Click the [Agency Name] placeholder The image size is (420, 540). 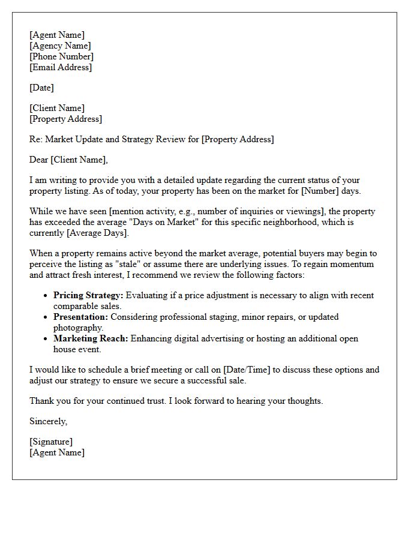[60, 46]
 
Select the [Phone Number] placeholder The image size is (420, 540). [61, 56]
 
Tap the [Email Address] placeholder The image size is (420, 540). [61, 67]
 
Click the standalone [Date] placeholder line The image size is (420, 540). [41, 88]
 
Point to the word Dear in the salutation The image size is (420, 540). [39, 160]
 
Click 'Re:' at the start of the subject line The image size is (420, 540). [36, 139]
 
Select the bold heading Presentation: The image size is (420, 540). [80, 317]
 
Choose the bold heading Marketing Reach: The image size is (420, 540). [91, 338]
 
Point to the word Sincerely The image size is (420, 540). [48, 421]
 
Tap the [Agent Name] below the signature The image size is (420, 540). [57, 452]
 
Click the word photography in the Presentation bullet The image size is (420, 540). [78, 328]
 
